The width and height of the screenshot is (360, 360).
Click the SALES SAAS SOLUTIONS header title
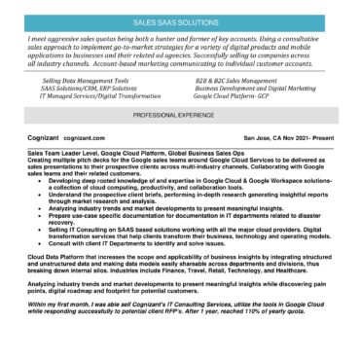[x=179, y=19]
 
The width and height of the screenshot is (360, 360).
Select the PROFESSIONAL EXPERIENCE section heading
[x=179, y=114]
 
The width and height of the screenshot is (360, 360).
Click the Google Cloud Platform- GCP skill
[x=233, y=97]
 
